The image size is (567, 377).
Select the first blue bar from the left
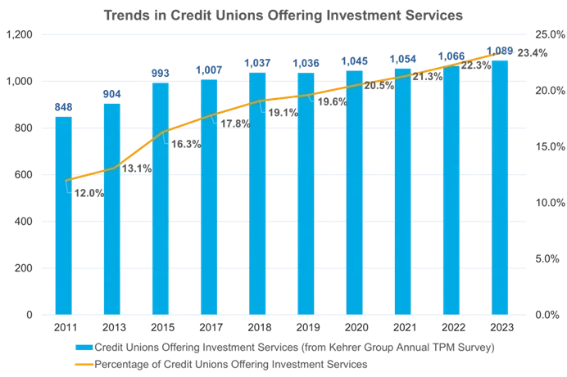62,213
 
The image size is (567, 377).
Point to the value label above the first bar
62,105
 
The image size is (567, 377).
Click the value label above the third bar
160,74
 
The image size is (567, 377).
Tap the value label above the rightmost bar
501,51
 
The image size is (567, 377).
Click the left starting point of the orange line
65,180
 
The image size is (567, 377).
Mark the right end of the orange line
515,52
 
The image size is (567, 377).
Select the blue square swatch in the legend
78,348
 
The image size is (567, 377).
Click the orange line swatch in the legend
81,364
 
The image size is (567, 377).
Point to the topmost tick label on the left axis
18,35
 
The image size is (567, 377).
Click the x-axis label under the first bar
62,327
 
